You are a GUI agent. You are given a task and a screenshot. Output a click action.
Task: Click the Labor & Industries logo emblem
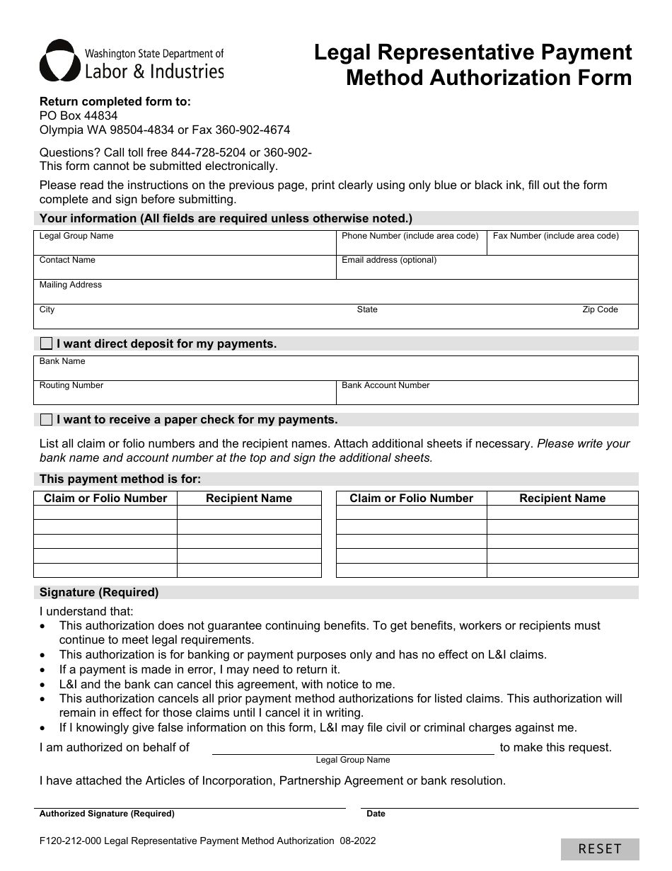point(59,60)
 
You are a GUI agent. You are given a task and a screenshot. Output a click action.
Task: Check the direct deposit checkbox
point(46,344)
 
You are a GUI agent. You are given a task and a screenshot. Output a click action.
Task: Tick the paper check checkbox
point(46,420)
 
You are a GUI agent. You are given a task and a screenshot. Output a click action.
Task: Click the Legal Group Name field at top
point(184,244)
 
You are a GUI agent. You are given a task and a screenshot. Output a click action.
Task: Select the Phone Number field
point(411,244)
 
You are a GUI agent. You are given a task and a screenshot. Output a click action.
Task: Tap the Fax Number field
point(562,244)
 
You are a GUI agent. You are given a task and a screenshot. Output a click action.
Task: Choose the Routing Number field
point(184,394)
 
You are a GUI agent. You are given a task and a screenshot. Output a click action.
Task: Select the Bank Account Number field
point(487,394)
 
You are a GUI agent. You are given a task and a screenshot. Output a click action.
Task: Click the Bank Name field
point(335,370)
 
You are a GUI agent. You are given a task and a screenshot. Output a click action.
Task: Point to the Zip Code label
point(600,309)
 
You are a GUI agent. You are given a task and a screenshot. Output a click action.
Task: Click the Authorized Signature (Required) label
point(107,814)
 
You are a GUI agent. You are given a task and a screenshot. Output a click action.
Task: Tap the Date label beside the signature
point(376,814)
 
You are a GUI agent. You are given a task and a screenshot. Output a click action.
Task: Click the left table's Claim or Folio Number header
point(105,499)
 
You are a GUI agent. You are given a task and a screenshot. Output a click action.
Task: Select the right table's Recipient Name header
point(562,499)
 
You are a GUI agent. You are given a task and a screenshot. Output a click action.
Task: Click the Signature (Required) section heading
point(99,593)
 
